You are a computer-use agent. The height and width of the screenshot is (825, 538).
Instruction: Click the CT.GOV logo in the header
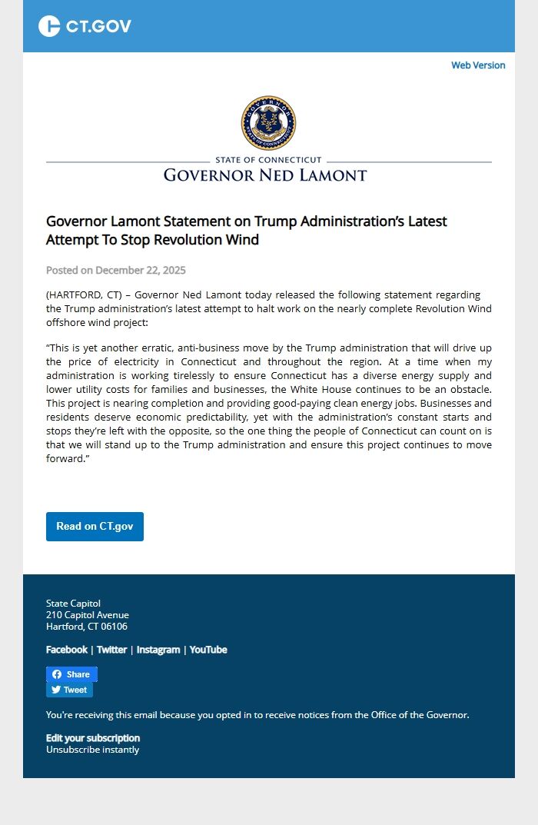tap(85, 26)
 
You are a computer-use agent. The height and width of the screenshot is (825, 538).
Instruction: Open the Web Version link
tap(478, 65)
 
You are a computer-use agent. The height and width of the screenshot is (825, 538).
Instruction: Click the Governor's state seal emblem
tap(268, 123)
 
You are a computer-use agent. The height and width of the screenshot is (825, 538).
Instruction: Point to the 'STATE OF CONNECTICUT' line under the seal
tap(268, 160)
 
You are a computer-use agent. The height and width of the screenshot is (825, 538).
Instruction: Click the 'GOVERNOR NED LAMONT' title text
tap(265, 175)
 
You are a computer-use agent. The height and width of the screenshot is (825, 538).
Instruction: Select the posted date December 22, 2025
tap(141, 270)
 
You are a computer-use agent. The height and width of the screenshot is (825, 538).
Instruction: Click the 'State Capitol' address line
tap(73, 604)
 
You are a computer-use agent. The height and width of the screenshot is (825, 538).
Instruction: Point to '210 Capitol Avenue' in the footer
tap(88, 615)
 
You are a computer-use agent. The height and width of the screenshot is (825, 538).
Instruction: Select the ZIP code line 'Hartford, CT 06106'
tap(87, 627)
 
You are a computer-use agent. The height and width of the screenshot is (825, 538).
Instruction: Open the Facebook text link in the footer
tap(67, 650)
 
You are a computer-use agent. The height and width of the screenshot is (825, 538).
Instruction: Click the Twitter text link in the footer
tap(111, 650)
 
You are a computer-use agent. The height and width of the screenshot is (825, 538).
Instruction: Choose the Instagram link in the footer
tap(158, 650)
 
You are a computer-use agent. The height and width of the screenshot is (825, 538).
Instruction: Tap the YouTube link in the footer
tap(208, 650)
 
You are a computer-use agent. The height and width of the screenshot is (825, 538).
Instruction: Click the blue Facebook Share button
tap(71, 674)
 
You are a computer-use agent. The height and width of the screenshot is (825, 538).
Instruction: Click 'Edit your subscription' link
tap(93, 738)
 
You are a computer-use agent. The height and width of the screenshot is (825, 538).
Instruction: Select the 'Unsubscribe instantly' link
tap(92, 750)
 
